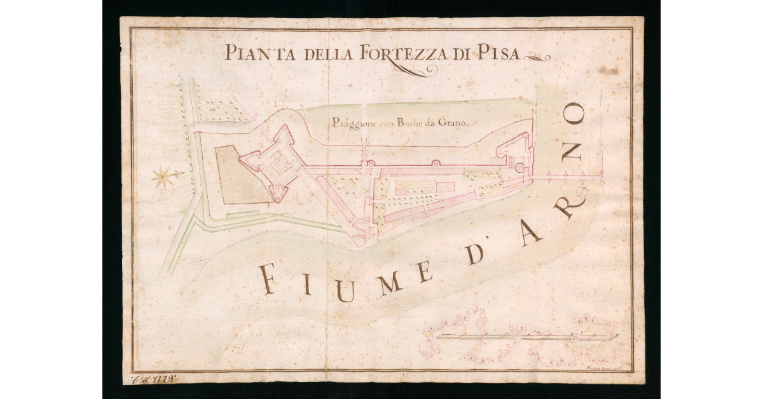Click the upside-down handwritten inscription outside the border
coord(153,380)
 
